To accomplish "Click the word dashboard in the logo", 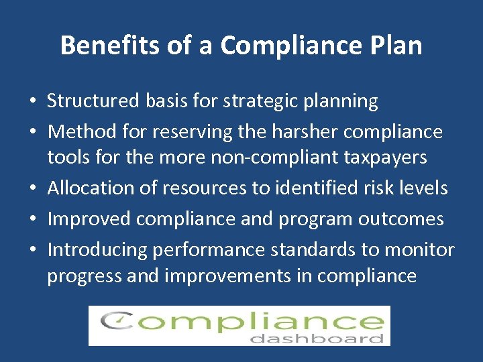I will click(317, 339).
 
